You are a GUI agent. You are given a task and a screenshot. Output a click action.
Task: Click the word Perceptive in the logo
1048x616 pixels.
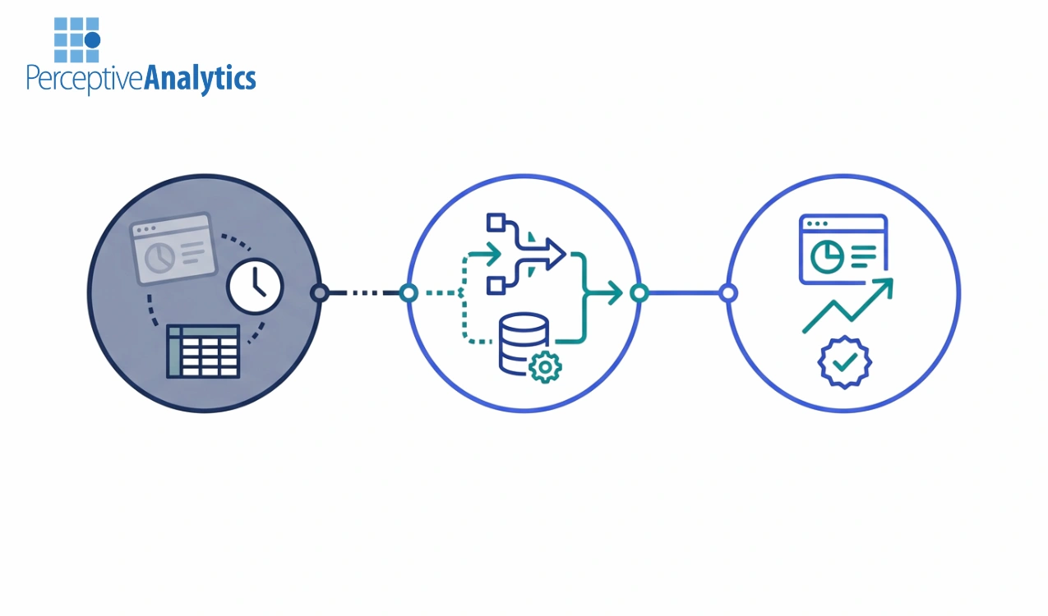85,80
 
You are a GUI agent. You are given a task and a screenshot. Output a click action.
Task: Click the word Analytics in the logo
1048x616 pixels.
200,78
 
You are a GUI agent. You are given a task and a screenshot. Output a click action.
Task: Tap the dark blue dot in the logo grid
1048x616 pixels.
92,39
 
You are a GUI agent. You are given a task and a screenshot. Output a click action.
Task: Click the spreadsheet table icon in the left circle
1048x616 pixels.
203,351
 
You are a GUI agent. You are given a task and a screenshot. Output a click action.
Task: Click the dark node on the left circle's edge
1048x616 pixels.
320,292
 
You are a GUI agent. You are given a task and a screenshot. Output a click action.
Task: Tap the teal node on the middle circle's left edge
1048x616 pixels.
409,292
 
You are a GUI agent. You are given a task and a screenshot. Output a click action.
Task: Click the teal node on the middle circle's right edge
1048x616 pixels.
639,292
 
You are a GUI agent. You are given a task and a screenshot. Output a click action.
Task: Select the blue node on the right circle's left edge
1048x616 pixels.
727,292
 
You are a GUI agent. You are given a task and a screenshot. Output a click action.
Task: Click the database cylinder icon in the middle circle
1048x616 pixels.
523,343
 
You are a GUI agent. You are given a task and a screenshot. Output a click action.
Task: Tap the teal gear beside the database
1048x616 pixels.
544,366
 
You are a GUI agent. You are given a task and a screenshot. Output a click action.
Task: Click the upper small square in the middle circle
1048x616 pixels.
495,223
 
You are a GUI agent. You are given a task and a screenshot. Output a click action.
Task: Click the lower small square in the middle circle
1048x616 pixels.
495,285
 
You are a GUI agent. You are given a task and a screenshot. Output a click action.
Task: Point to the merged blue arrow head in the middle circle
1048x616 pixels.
556,254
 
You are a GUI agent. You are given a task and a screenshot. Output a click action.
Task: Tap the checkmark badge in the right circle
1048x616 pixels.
844,362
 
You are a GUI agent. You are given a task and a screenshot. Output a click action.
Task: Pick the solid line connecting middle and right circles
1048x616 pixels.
683,292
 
